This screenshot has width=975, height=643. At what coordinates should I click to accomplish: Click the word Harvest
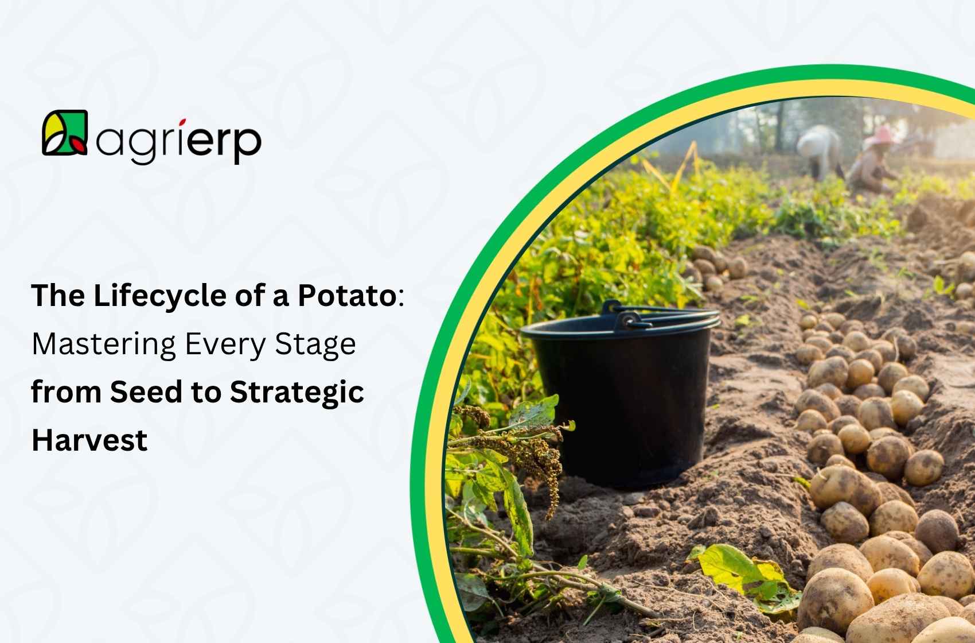point(89,440)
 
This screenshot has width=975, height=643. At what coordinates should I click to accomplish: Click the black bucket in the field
point(622,402)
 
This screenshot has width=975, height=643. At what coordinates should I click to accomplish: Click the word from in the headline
point(67,392)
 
